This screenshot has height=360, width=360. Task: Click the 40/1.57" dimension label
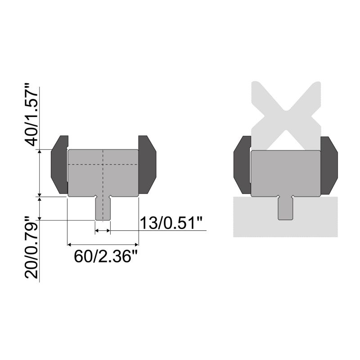click(34, 114)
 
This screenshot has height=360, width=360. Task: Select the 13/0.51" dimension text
click(171, 222)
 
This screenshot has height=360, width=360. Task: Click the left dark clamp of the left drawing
click(58, 164)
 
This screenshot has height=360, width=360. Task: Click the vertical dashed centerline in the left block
click(103, 180)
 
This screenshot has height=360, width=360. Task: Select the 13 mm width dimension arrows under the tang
click(103, 230)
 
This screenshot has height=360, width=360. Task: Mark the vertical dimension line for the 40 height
click(41, 173)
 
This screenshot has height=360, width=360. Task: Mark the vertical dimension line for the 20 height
click(41, 208)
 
